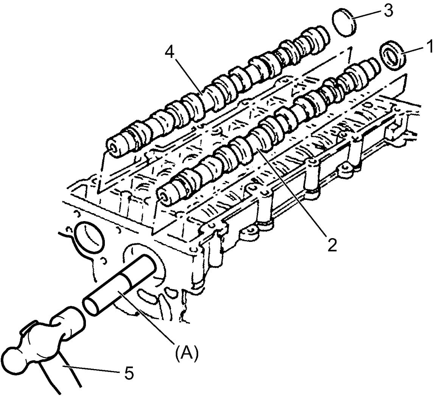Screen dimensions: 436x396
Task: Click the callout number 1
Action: [429, 47]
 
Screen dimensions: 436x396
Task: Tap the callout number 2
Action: [332, 245]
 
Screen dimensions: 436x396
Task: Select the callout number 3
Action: [388, 10]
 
